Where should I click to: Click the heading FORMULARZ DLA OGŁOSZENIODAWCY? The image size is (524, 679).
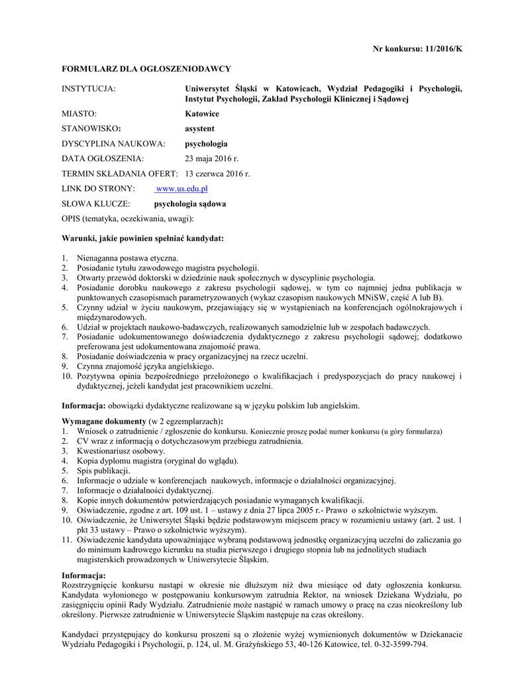click(146, 68)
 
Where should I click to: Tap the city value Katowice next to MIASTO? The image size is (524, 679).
click(202, 113)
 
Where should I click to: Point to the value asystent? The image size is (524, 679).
click(199, 128)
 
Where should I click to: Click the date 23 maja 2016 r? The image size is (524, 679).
click(211, 158)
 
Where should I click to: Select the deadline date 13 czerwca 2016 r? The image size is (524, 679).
click(217, 174)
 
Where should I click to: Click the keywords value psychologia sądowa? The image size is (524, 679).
click(190, 204)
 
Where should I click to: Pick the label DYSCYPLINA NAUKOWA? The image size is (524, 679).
click(113, 143)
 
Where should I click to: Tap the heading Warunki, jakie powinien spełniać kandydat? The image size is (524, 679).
click(142, 237)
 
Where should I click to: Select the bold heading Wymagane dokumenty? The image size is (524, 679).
click(104, 422)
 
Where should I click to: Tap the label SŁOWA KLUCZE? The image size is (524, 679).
click(95, 204)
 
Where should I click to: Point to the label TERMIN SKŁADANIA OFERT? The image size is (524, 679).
click(120, 174)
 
